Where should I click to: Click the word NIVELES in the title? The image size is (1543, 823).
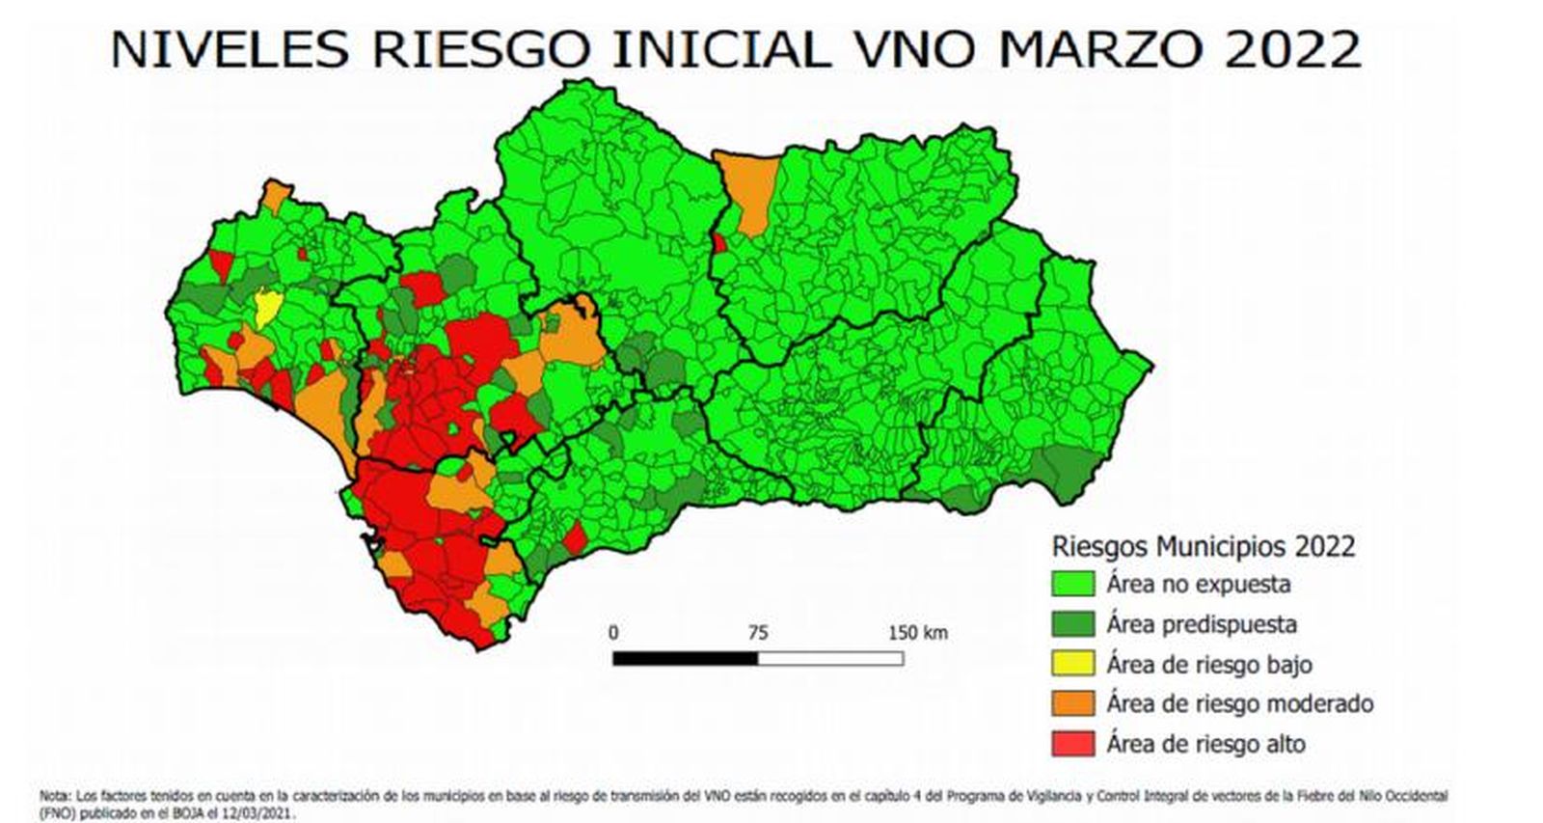229,48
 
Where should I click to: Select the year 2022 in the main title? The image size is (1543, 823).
1292,48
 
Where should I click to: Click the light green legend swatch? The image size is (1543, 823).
1072,584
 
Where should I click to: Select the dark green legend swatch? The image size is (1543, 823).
1072,624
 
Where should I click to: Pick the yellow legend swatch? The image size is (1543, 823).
1072,664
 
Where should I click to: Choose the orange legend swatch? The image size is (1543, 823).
1072,703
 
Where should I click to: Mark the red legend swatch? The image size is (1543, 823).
1072,743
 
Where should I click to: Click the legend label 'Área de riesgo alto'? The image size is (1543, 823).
1205,744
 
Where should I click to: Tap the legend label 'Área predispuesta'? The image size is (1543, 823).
1201,624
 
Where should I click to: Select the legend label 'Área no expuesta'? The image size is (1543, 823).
1198,584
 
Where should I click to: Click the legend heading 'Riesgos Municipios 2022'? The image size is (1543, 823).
1203,546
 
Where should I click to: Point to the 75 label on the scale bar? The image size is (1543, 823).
758,633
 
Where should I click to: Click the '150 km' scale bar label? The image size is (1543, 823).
917,633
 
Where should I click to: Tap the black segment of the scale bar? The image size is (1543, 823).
685,658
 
